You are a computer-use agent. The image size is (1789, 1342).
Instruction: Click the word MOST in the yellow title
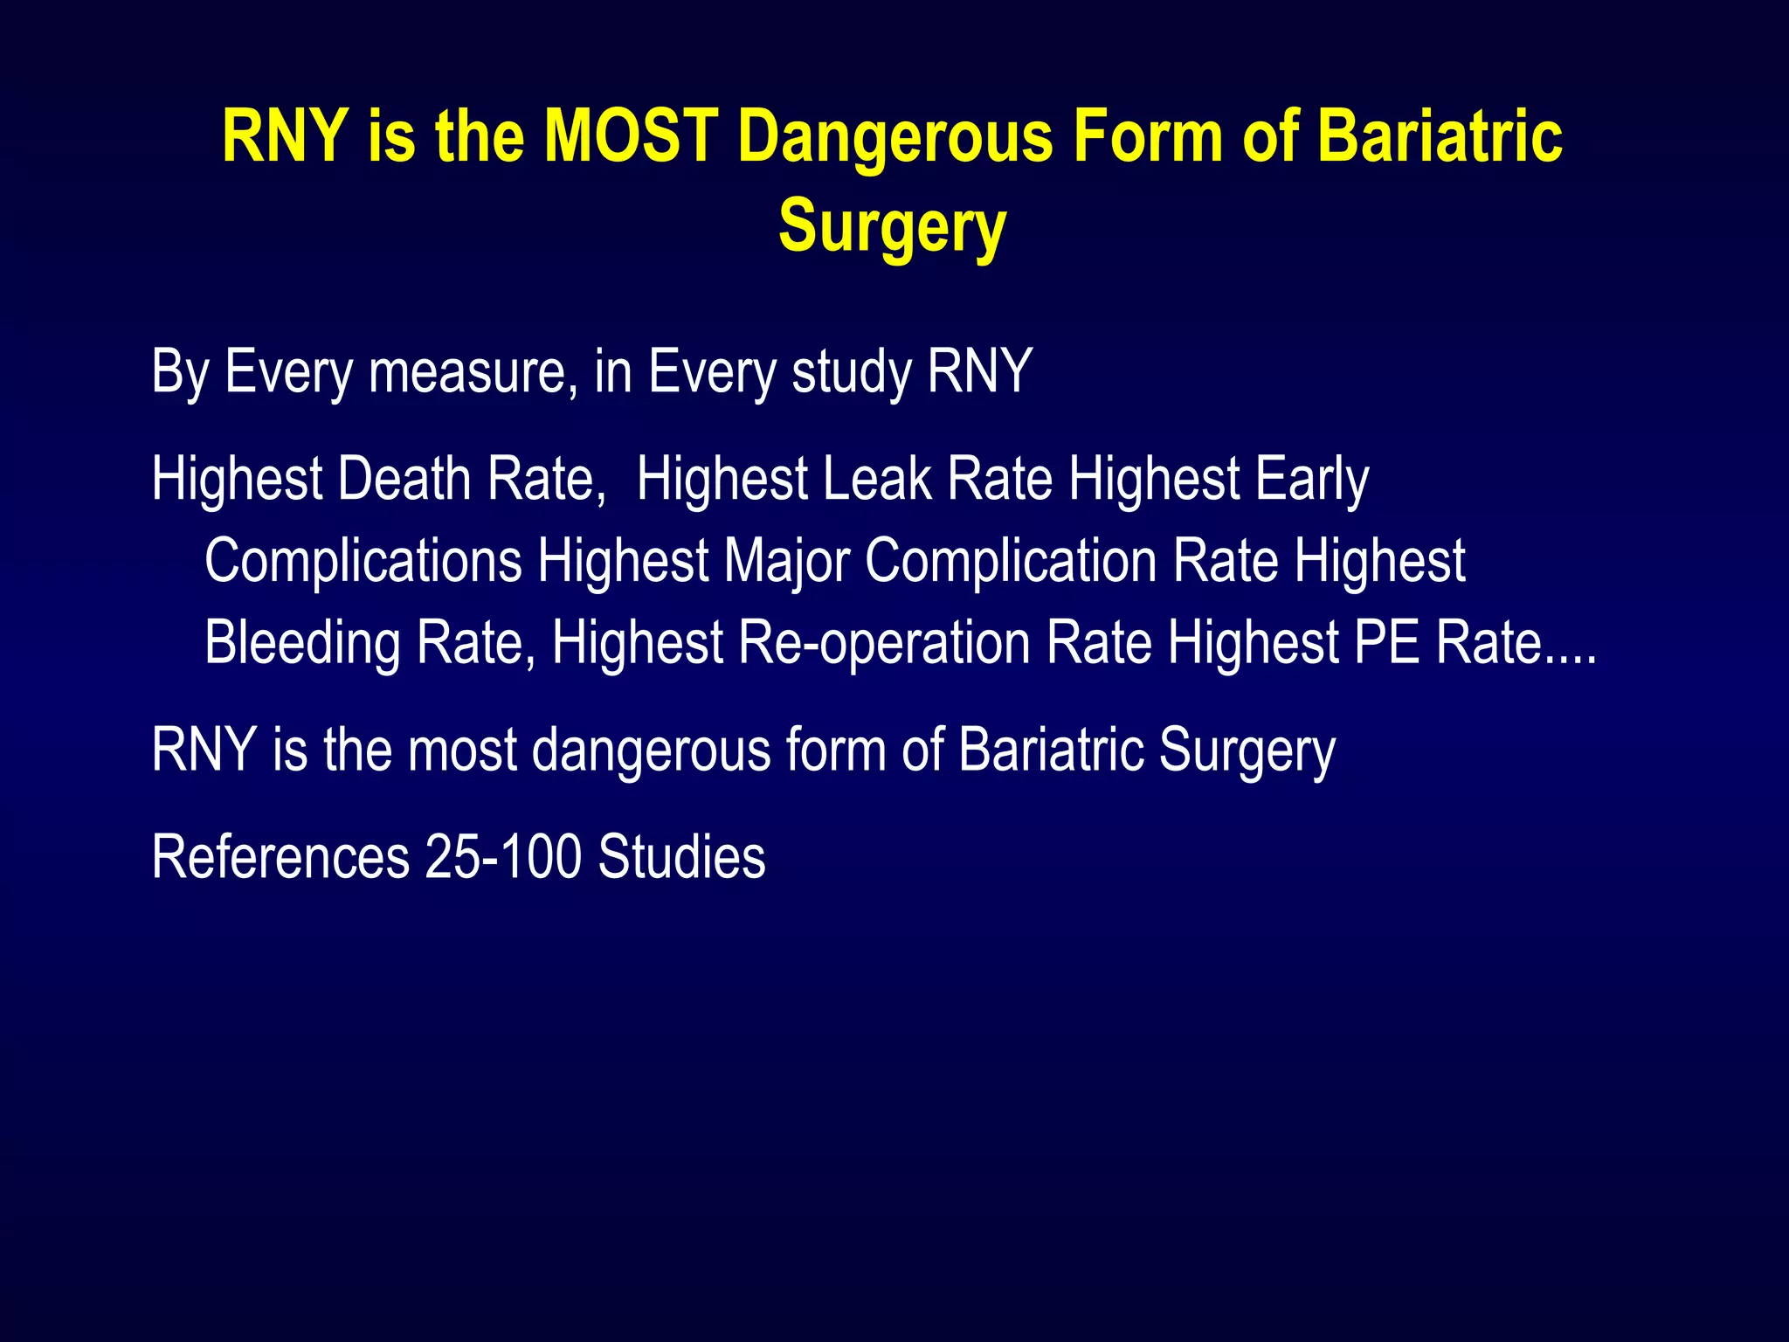[632, 137]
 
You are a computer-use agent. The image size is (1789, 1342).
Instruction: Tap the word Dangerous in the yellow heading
[895, 137]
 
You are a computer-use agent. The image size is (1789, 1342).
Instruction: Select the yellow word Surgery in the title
[892, 226]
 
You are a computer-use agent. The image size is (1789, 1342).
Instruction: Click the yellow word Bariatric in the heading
[1440, 137]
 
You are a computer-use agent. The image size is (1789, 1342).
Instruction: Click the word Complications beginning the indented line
[363, 561]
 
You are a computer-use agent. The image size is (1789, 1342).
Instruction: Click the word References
[280, 857]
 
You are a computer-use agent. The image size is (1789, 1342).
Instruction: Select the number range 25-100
[503, 857]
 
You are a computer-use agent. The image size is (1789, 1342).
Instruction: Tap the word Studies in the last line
[681, 857]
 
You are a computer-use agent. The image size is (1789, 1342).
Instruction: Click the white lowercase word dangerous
[651, 751]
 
